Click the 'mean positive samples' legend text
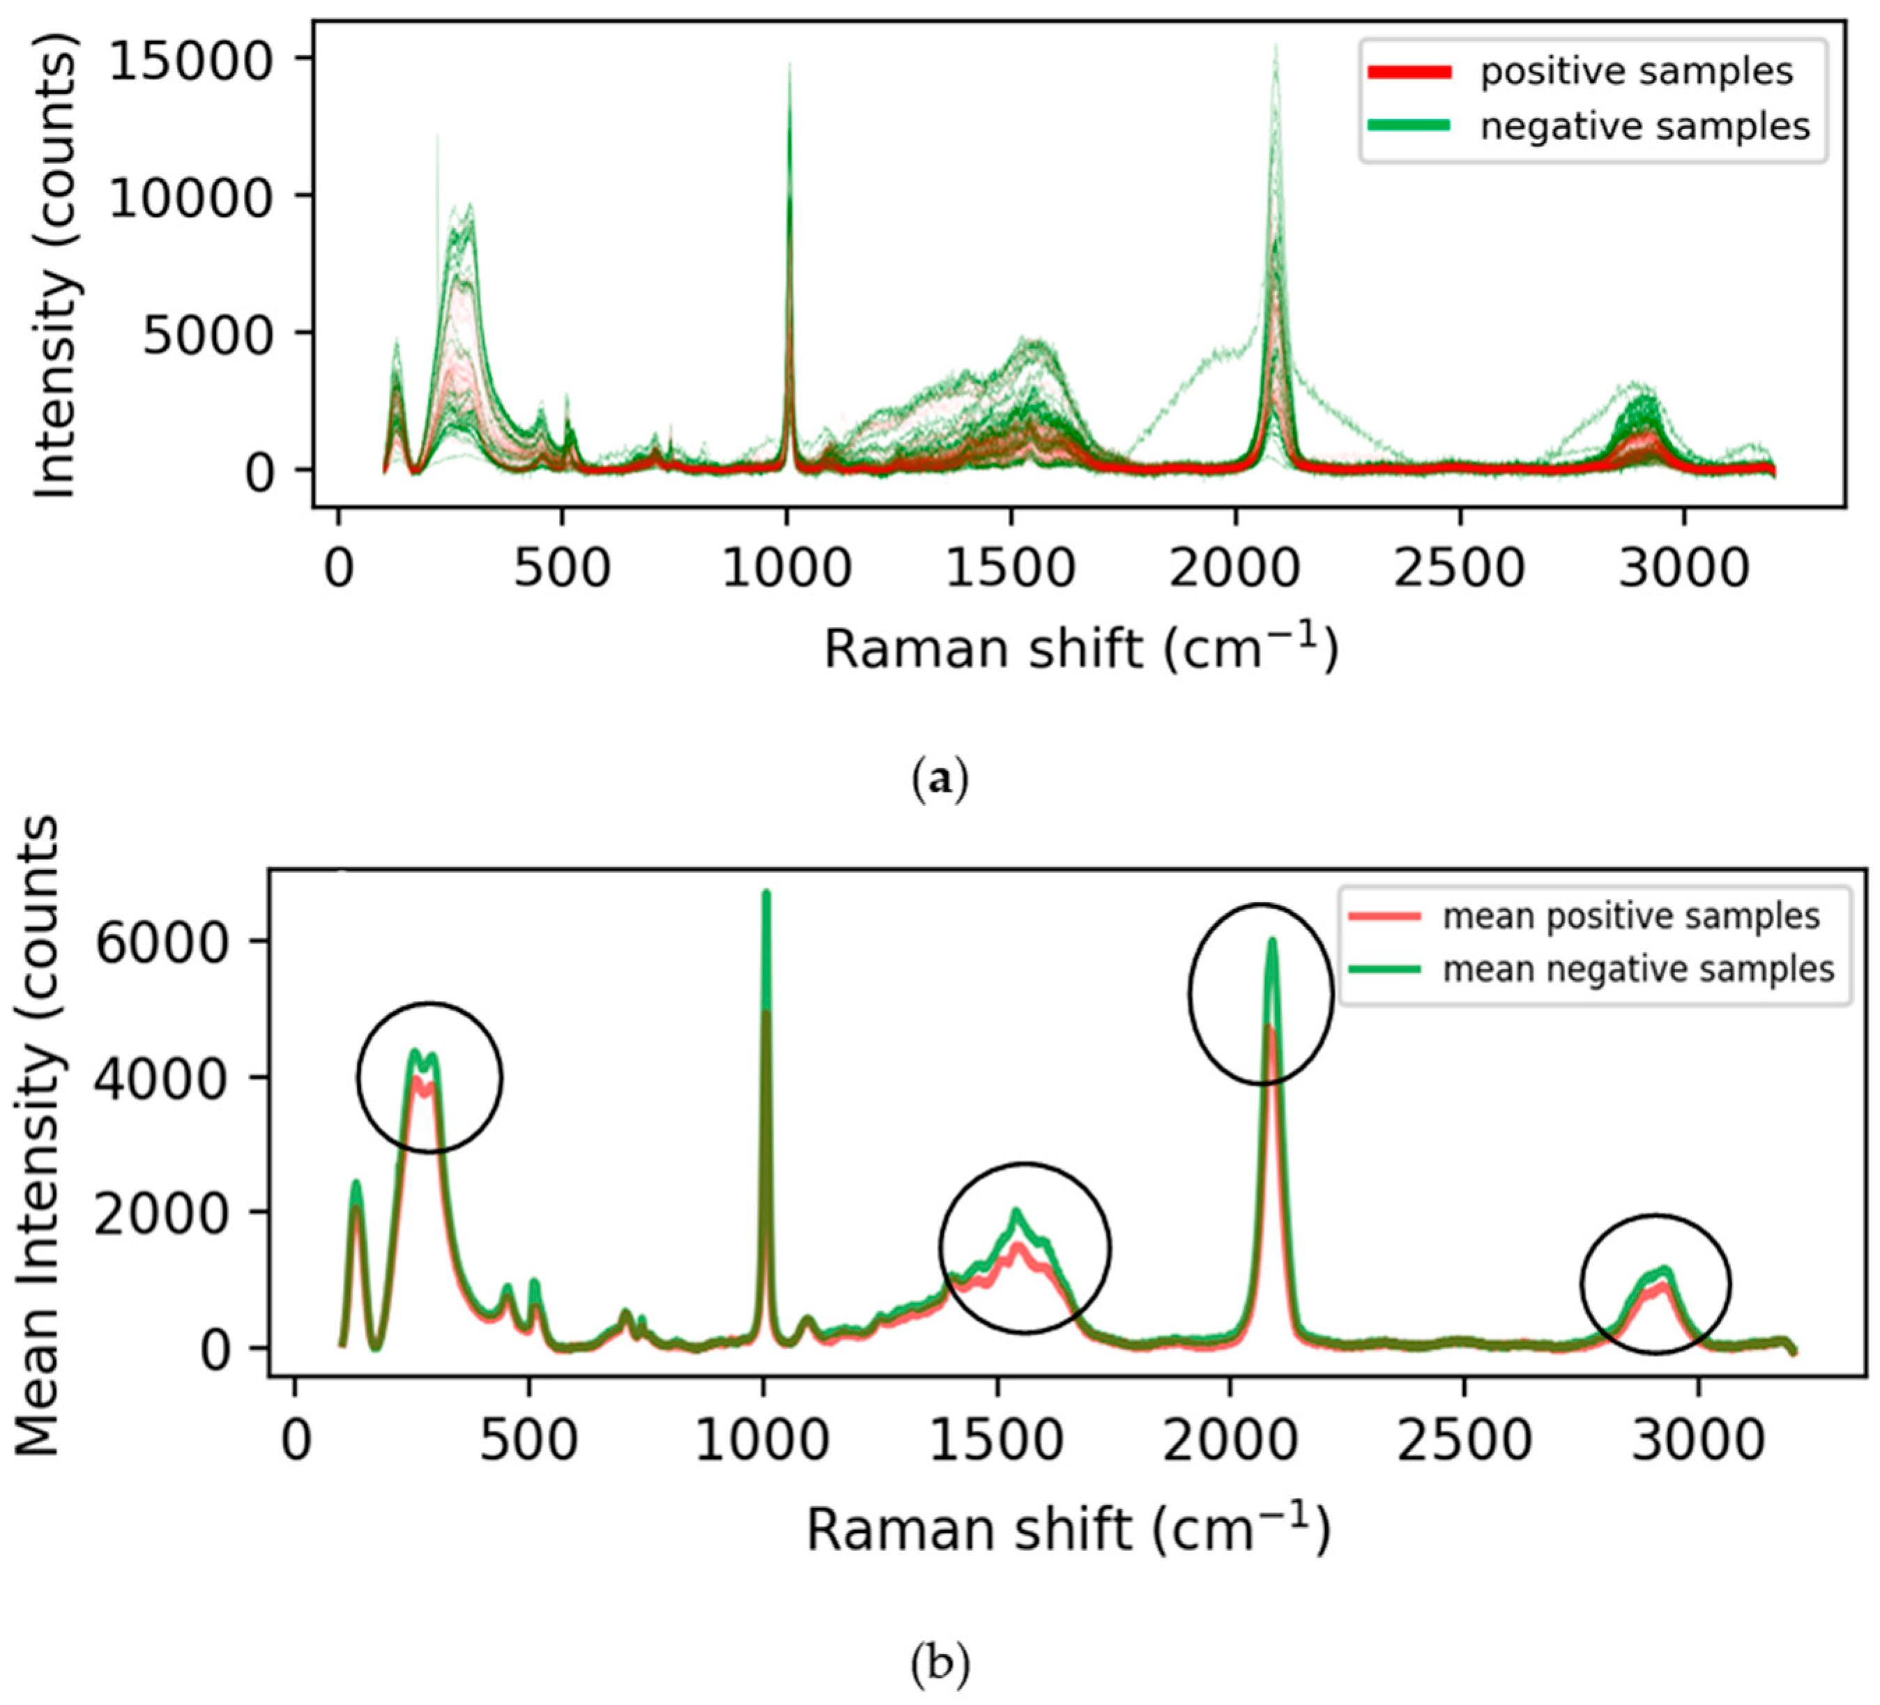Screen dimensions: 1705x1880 1631,917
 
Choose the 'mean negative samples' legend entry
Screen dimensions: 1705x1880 1639,970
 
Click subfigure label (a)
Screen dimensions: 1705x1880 939,777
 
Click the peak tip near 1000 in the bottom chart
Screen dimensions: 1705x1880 765,894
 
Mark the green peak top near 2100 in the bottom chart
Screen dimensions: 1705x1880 1271,940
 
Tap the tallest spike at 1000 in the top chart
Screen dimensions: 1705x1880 790,66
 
